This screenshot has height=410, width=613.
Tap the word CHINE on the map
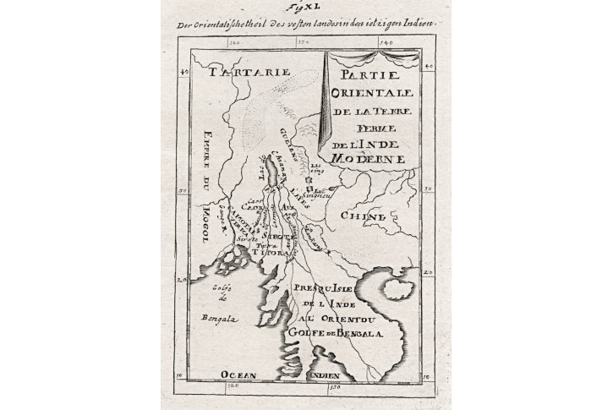pyautogui.click(x=363, y=217)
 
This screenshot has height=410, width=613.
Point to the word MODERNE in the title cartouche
pyautogui.click(x=369, y=158)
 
